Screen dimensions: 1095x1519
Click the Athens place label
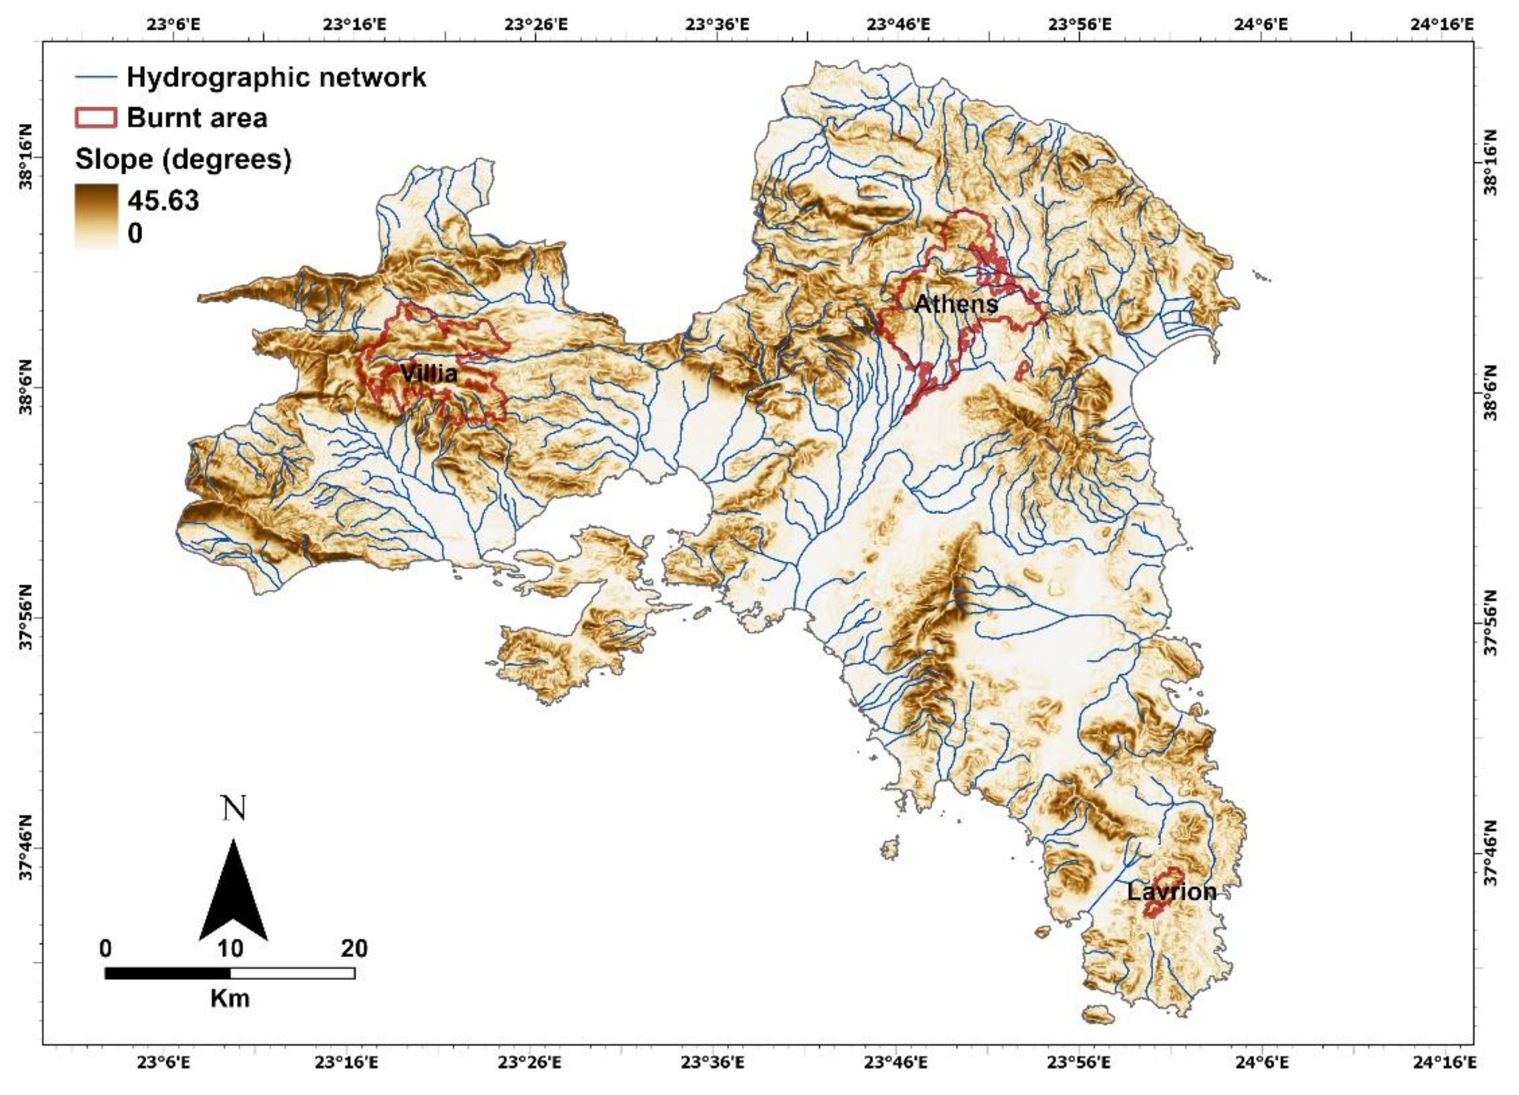[x=956, y=305]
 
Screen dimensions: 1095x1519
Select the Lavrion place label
[x=1171, y=892]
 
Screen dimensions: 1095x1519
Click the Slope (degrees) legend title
[x=183, y=160]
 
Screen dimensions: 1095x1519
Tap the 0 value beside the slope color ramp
[x=135, y=233]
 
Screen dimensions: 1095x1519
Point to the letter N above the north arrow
[x=234, y=809]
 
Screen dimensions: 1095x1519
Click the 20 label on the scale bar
[x=354, y=948]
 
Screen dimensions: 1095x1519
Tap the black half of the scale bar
[x=167, y=973]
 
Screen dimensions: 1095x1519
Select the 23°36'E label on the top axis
[x=717, y=25]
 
